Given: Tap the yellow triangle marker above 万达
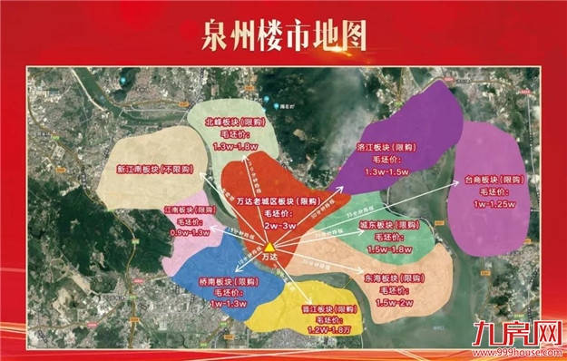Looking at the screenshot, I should coord(270,246).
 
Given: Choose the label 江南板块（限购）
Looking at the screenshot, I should coord(189,210).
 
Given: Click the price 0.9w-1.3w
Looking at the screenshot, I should coord(189,233).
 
